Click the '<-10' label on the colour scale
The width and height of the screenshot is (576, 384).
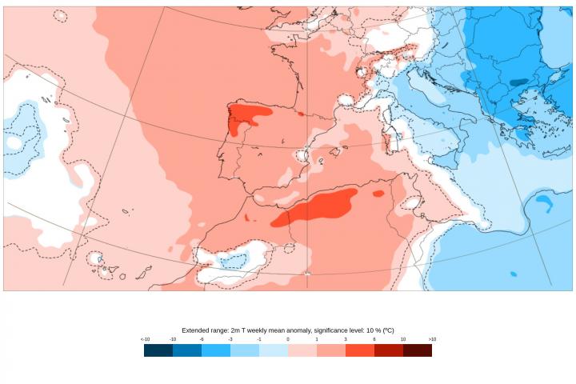pyautogui.click(x=145, y=339)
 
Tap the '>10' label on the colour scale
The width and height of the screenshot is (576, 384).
pyautogui.click(x=432, y=339)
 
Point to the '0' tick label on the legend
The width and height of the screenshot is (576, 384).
pyautogui.click(x=288, y=339)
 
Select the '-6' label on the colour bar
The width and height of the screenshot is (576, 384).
pyautogui.click(x=202, y=339)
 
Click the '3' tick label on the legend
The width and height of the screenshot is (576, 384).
pyautogui.click(x=346, y=339)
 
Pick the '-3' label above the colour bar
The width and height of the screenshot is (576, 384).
pyautogui.click(x=230, y=339)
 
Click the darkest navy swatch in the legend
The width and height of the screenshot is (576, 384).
pyautogui.click(x=158, y=350)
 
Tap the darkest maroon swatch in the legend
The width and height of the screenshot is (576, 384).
pyautogui.click(x=418, y=350)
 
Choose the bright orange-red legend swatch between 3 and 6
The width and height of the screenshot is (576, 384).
pyautogui.click(x=360, y=350)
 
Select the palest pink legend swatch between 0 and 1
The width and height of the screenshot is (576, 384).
pyautogui.click(x=302, y=350)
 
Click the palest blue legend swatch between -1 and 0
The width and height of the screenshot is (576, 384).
pyautogui.click(x=274, y=350)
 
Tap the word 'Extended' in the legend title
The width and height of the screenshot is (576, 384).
pyautogui.click(x=195, y=330)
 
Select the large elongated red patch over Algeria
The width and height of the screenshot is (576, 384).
pyautogui.click(x=316, y=208)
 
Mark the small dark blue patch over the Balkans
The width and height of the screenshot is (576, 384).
pyautogui.click(x=518, y=82)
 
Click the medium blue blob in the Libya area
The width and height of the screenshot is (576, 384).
pyautogui.click(x=545, y=202)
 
